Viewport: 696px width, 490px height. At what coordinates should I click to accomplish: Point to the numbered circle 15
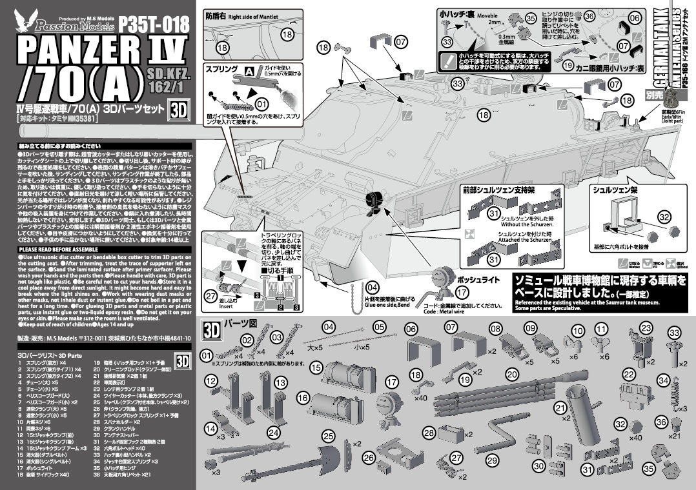point(316,367)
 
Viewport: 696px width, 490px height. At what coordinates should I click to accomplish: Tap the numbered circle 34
point(663,381)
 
